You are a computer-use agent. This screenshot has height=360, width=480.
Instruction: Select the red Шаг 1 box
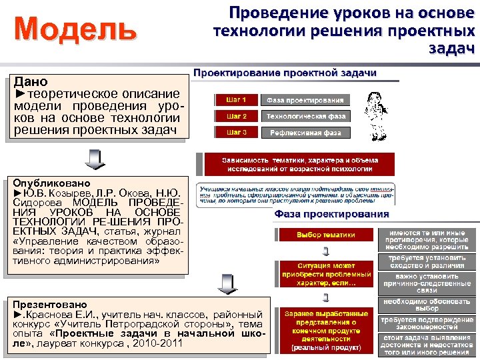(236, 100)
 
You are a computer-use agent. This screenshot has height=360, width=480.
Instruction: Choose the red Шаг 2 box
(236, 116)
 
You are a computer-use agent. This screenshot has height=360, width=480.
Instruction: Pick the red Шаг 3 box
(236, 132)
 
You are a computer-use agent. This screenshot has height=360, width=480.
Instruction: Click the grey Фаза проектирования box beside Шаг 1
(305, 100)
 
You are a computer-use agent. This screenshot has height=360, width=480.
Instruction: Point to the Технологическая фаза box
(305, 116)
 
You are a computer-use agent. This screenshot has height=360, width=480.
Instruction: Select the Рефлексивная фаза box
(305, 133)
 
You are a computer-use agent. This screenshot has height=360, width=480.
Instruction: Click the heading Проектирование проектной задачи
(285, 73)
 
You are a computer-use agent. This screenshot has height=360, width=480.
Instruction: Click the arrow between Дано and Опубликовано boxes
(95, 160)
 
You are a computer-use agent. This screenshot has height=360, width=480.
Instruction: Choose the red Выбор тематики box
(325, 235)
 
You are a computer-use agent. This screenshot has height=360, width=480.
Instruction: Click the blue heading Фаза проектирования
(331, 214)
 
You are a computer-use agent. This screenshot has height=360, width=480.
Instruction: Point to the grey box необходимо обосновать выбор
(427, 304)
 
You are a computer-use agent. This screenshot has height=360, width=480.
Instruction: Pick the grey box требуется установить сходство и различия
(427, 261)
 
